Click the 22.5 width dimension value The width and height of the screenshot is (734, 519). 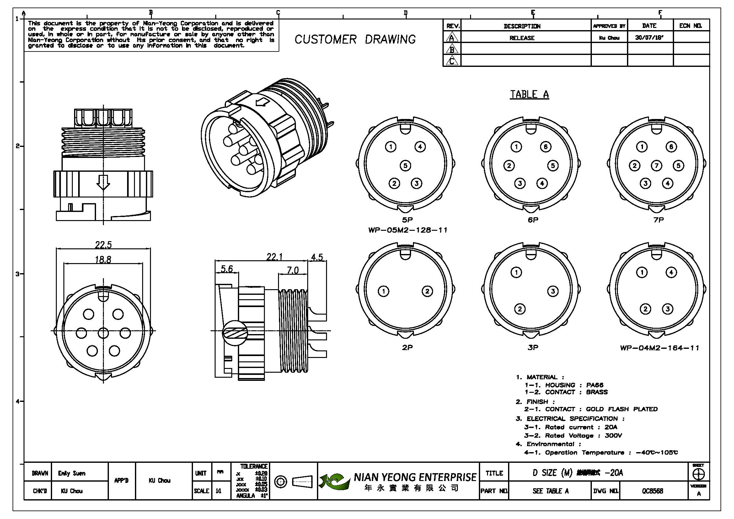coord(103,245)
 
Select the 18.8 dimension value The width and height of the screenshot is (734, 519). coord(103,259)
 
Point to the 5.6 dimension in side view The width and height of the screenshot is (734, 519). coord(227,269)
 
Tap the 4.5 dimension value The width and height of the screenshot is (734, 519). coord(317,257)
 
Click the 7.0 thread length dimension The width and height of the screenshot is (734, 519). coord(292,271)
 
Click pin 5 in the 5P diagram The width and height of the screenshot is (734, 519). coord(405,166)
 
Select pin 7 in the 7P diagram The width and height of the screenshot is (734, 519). coord(656,166)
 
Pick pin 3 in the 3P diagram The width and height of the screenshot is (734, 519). coord(553,291)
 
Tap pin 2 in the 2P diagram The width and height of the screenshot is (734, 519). coord(427,291)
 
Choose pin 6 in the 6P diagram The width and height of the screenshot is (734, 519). coord(545,147)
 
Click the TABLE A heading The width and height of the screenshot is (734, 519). coord(529,95)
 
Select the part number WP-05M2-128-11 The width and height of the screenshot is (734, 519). coord(408,230)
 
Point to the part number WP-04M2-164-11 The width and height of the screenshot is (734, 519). coord(660,348)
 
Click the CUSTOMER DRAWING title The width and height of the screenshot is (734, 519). coord(355,40)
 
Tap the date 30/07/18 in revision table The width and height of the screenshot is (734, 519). coord(649,37)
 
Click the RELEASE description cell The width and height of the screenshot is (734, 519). coord(522,38)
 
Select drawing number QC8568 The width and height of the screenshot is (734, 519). coord(652,491)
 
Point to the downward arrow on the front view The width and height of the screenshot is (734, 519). coord(103,183)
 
